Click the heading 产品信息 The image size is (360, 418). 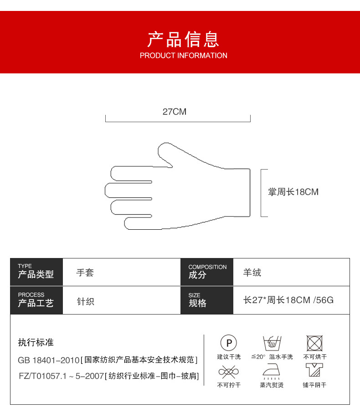183,40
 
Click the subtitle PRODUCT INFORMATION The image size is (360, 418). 183,56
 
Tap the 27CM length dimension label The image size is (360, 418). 175,112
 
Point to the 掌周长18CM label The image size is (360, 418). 293,192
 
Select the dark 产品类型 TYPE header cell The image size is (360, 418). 36,272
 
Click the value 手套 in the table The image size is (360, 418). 85,273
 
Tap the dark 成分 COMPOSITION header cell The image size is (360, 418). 207,272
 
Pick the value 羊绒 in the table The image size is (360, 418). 252,273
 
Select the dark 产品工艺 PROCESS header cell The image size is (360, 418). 36,300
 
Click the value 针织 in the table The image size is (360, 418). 85,301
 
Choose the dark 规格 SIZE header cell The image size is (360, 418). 207,300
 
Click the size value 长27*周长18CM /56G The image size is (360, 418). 288,300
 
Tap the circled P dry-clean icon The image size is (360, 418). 229,343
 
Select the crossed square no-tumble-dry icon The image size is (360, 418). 314,343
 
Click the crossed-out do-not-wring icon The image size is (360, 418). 229,372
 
